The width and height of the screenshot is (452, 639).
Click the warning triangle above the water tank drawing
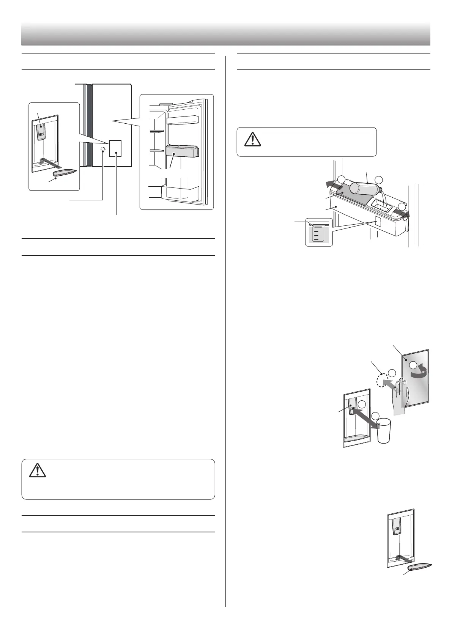click(x=250, y=140)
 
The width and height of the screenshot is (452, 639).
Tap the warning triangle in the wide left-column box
click(x=38, y=471)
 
